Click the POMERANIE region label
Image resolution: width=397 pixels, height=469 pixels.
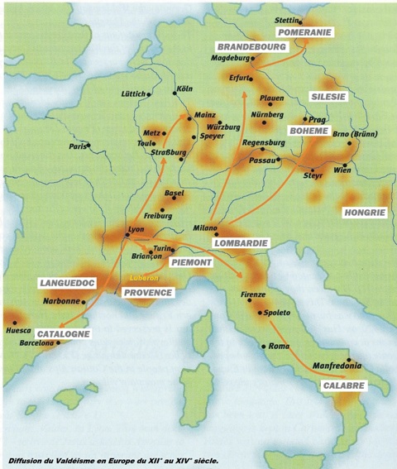coord(304,32)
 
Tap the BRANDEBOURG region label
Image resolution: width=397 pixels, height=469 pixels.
coord(246,46)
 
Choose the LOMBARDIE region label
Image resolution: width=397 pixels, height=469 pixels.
coord(241,243)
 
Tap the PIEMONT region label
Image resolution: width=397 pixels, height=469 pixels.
coord(191,262)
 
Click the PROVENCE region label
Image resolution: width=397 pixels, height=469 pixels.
coord(147,293)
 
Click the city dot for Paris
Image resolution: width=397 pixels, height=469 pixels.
coord(88,146)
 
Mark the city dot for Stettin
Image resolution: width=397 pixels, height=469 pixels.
coord(300,22)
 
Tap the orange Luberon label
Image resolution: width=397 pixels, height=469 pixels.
coord(143,278)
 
